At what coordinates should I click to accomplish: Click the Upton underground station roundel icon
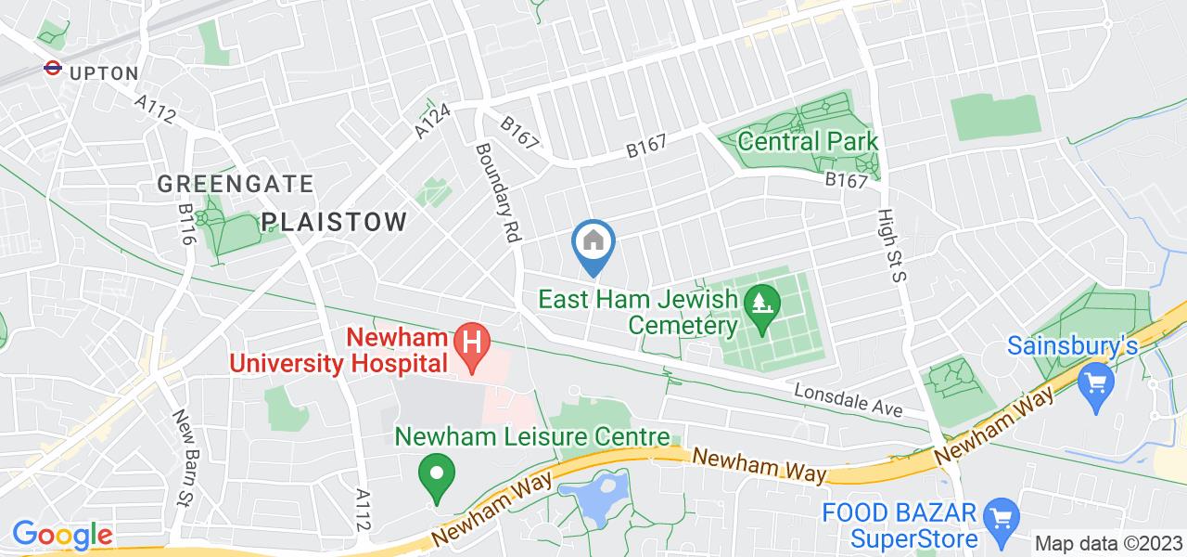(x=52, y=68)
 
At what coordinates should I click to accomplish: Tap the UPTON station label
(x=104, y=73)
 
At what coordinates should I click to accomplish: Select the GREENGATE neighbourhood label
(x=235, y=184)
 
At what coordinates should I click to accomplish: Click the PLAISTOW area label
(x=334, y=222)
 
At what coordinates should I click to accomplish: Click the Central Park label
(x=808, y=142)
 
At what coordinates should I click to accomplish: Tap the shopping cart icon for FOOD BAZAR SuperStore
(x=1001, y=514)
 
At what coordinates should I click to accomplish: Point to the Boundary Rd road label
(x=497, y=192)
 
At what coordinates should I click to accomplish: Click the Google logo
(x=61, y=535)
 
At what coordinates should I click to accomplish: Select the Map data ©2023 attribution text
(x=1107, y=544)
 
